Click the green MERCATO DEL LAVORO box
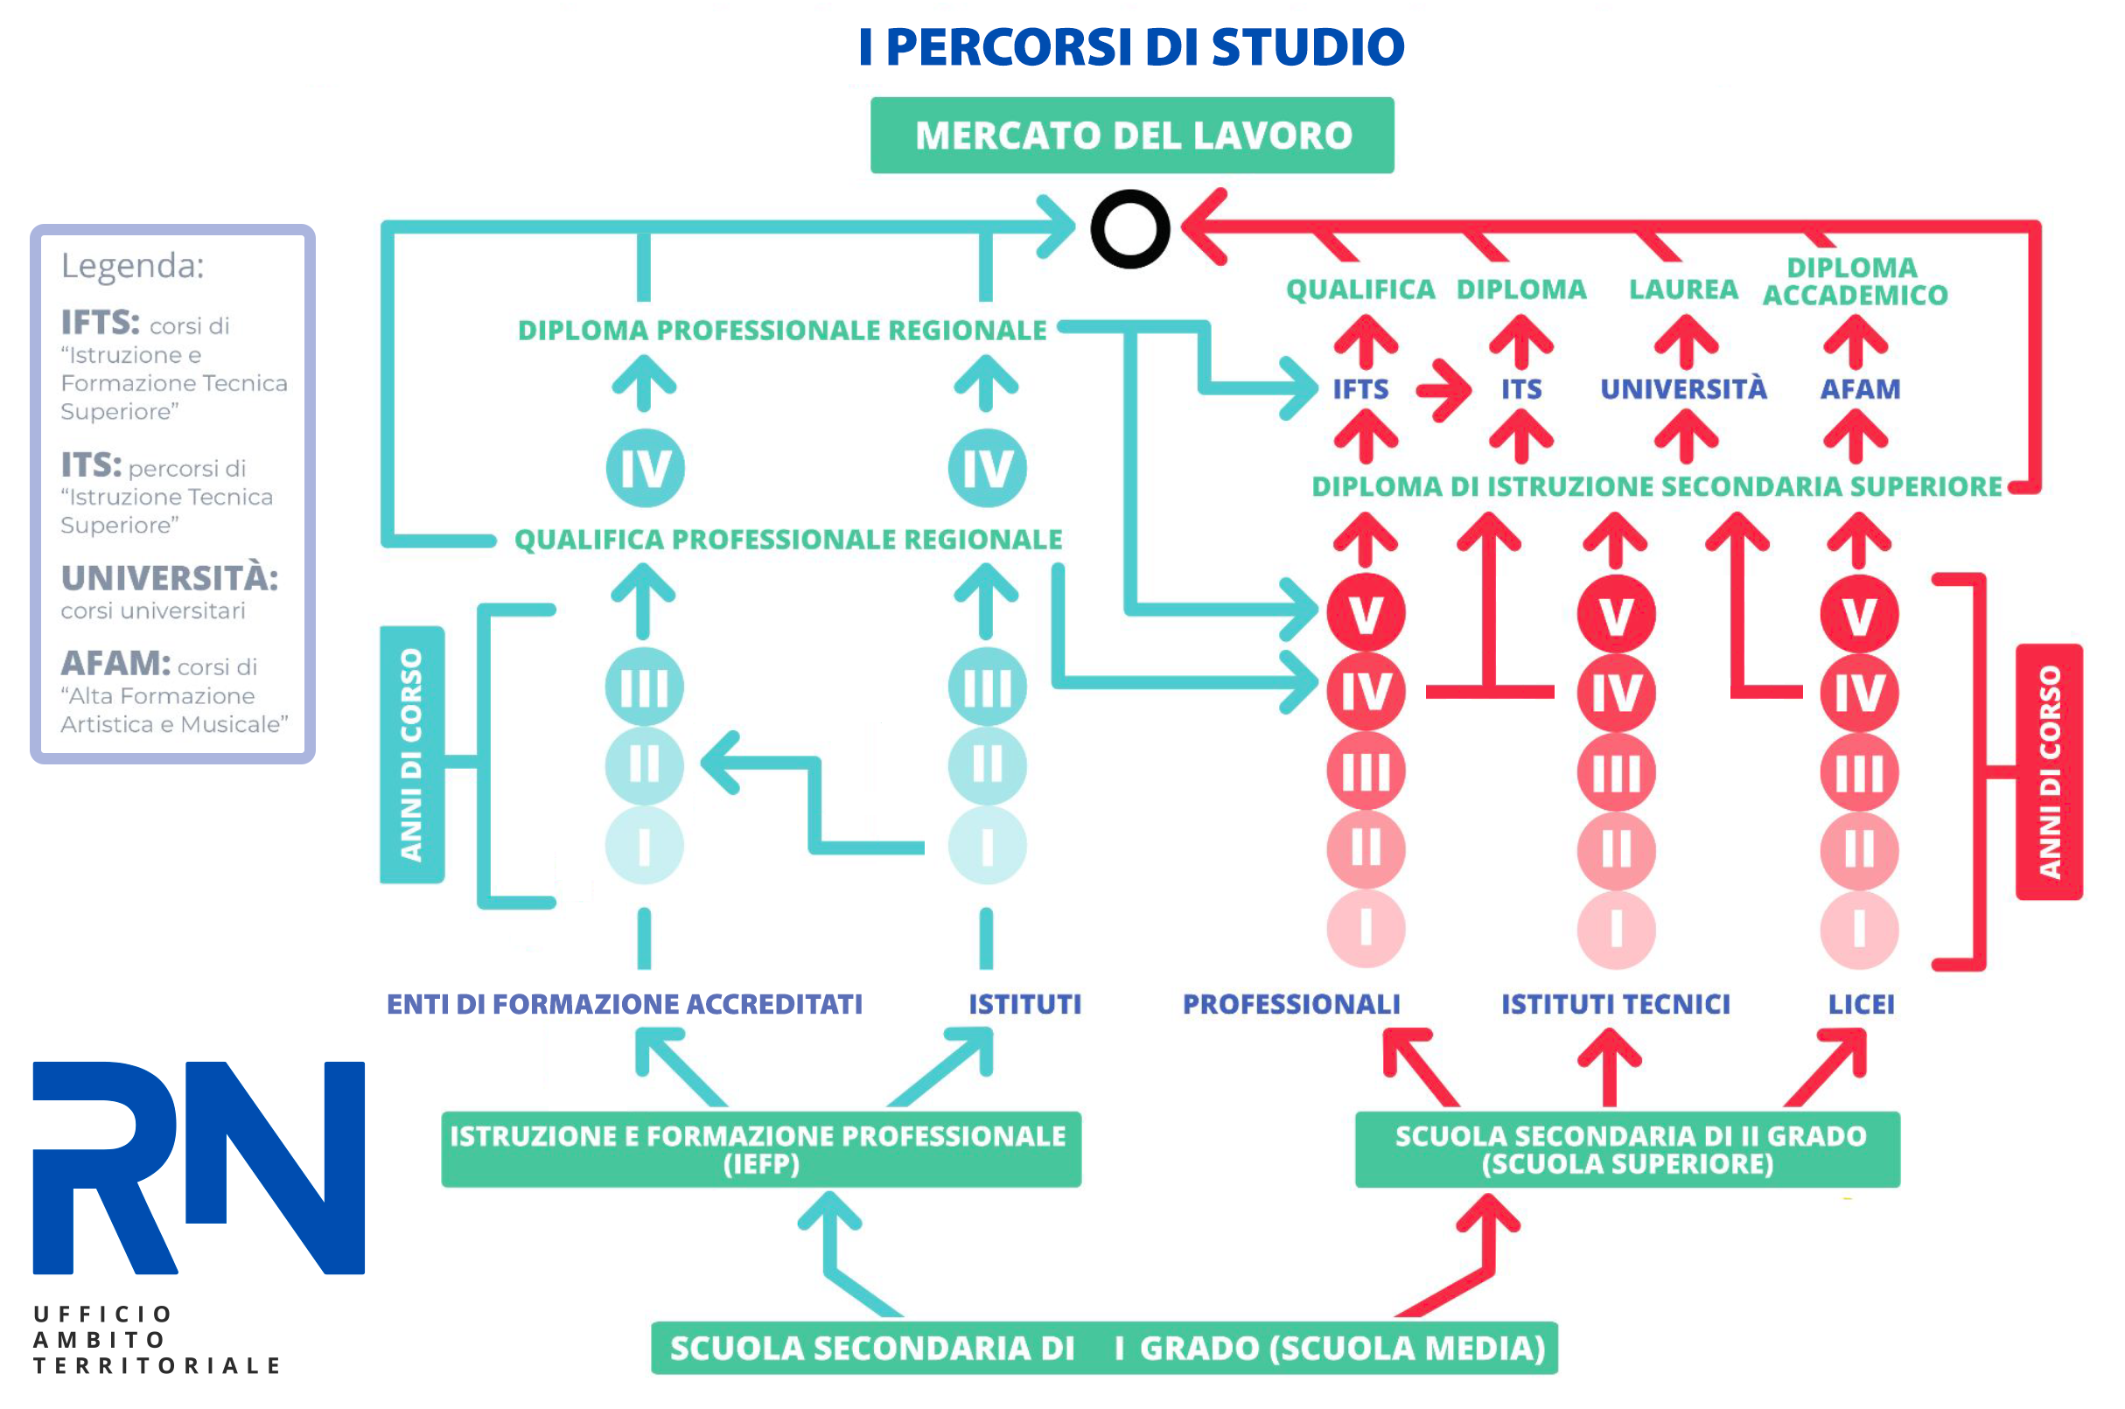(1131, 135)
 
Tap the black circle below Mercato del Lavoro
(1129, 229)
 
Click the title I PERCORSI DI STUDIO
(1130, 46)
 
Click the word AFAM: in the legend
(115, 663)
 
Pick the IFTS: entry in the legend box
(100, 322)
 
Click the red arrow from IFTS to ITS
(1443, 390)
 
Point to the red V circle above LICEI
(1858, 616)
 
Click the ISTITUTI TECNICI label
(1614, 1004)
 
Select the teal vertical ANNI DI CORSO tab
(411, 755)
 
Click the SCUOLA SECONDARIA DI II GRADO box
(1626, 1149)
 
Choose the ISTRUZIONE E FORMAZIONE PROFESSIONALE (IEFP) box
(760, 1149)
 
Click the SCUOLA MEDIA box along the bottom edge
(1103, 1348)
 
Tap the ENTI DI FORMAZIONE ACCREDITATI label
(624, 1004)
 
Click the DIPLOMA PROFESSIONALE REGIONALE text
(781, 330)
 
